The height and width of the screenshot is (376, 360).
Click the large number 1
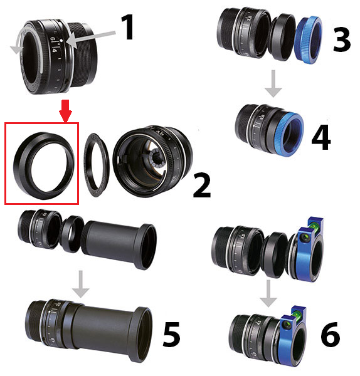point(127,27)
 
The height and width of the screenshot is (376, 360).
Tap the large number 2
point(202,185)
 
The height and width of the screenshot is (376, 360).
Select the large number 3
point(342,39)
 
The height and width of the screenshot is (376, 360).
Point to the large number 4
point(321,137)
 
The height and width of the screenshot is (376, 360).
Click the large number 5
point(171,334)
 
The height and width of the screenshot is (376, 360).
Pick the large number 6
point(331,334)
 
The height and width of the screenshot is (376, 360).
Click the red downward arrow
point(65,110)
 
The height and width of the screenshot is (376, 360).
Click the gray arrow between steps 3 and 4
point(273,83)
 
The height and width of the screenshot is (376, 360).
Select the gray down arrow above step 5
point(81,284)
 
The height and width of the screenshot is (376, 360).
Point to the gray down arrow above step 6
point(268,293)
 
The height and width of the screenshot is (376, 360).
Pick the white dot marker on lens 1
point(61,41)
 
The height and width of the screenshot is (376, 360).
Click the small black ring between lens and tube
point(71,234)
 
